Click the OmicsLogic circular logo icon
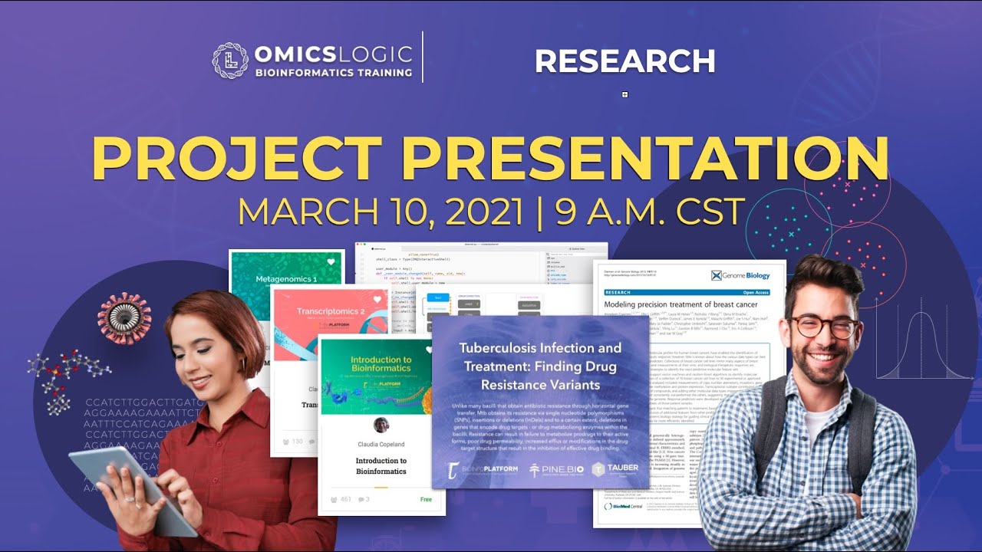tap(230, 61)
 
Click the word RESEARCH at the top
tap(624, 61)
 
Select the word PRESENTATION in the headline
tap(644, 159)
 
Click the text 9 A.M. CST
tap(650, 212)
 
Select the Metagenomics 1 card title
tap(286, 280)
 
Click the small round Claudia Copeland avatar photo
tap(381, 426)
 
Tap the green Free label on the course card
tap(426, 499)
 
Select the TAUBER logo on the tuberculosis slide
tap(615, 469)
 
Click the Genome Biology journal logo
tap(740, 274)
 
